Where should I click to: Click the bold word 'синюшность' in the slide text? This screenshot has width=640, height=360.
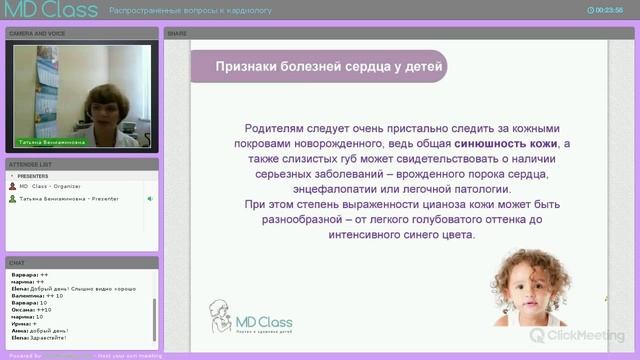(491, 144)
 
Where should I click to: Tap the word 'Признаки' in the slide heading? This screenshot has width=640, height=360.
(245, 67)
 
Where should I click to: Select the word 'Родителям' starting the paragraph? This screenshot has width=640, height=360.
(273, 129)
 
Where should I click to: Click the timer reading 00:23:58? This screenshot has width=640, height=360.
(609, 11)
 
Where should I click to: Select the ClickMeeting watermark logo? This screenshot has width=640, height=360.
(579, 335)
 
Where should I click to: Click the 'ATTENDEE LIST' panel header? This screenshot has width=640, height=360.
(30, 163)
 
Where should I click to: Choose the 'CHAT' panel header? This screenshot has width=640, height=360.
(17, 262)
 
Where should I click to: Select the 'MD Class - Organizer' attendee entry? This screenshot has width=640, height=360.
(49, 186)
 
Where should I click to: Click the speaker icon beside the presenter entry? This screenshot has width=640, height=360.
(150, 198)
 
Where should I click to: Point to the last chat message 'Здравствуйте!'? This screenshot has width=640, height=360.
(60, 337)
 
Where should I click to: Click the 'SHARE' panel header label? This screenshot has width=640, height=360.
(177, 33)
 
